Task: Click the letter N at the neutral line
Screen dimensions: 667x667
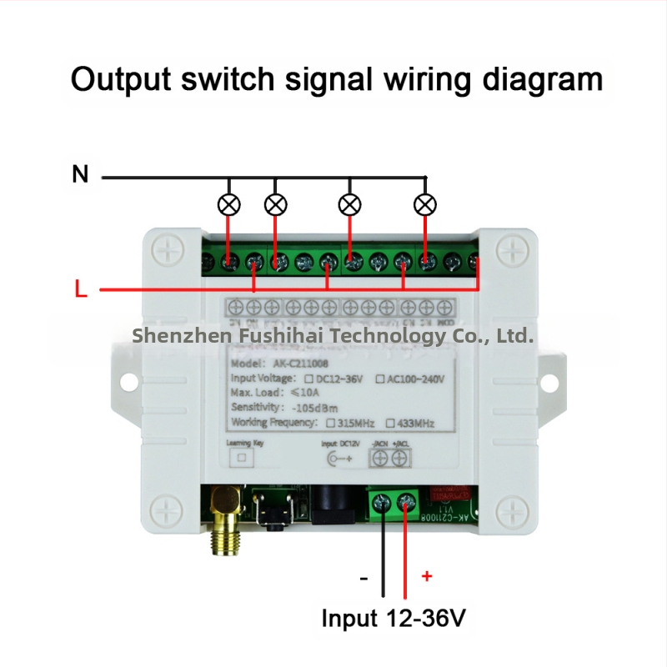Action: (80, 174)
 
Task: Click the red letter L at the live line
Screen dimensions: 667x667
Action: (80, 290)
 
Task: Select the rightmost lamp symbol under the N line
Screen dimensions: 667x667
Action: (426, 203)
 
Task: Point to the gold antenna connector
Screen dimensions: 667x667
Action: (223, 521)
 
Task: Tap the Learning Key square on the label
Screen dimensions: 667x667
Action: (243, 459)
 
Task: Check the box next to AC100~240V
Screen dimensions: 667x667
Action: (380, 379)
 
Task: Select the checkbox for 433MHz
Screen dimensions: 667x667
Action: (390, 423)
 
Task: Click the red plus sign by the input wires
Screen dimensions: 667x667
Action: (427, 575)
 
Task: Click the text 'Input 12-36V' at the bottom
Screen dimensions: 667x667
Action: (393, 619)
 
